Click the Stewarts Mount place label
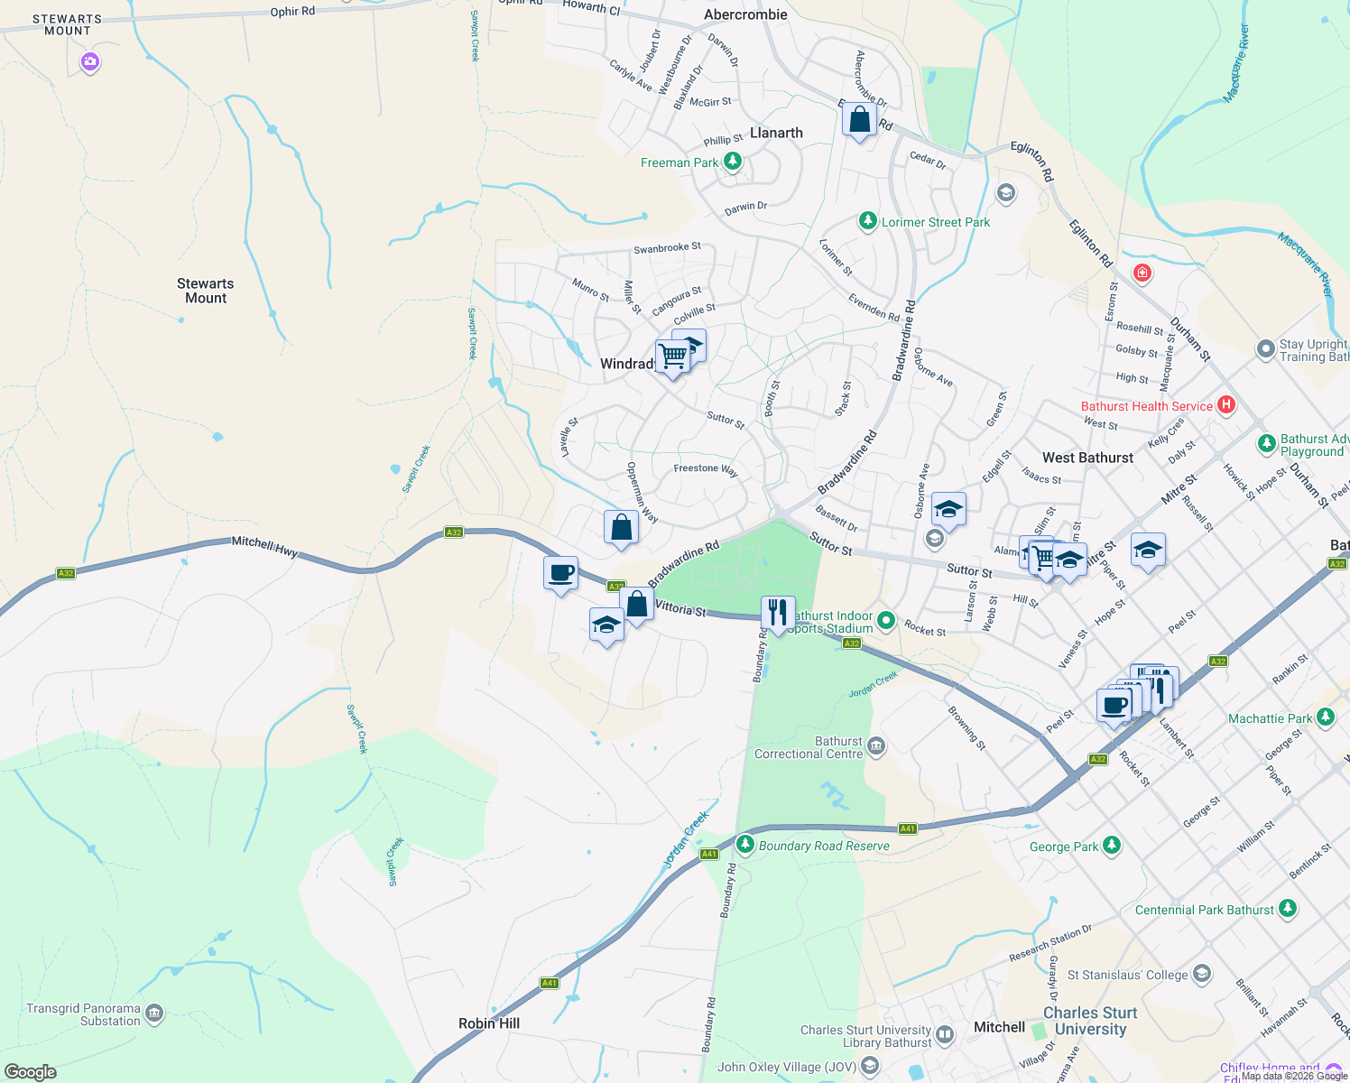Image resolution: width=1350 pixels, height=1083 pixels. click(x=206, y=291)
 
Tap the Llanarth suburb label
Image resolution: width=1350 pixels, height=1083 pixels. click(x=776, y=133)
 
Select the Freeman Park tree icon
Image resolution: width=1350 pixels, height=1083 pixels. click(x=733, y=162)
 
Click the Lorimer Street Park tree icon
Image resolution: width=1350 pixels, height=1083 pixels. click(x=867, y=221)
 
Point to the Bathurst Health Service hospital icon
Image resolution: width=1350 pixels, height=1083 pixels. click(x=1225, y=405)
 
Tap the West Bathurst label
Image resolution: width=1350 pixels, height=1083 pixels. click(x=1087, y=458)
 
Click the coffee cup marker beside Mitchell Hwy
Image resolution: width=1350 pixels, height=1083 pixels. click(x=560, y=573)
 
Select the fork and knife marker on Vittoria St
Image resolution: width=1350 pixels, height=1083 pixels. click(x=777, y=613)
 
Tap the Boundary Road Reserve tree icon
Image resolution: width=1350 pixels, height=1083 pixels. click(x=744, y=845)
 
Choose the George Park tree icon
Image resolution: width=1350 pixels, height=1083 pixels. click(x=1112, y=846)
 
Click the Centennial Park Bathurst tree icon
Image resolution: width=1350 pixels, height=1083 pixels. click(x=1288, y=908)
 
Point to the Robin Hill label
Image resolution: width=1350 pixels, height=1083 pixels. click(x=489, y=1023)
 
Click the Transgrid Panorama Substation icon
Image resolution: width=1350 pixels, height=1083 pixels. click(x=154, y=1014)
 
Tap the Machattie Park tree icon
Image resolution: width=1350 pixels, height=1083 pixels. click(x=1325, y=717)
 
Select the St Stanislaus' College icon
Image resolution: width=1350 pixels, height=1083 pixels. click(x=1201, y=974)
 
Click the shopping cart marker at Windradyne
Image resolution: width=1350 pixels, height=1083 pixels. click(x=672, y=356)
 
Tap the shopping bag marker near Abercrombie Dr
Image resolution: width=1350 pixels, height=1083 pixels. click(x=859, y=119)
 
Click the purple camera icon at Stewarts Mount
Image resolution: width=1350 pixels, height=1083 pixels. click(x=89, y=62)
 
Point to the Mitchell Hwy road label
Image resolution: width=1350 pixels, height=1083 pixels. click(x=264, y=546)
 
